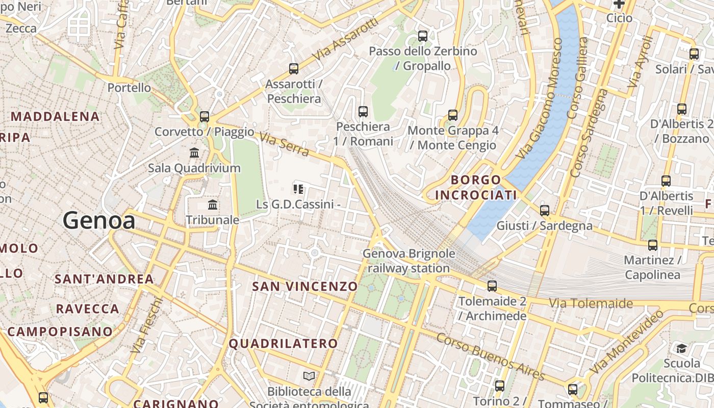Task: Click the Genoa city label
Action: tap(99, 221)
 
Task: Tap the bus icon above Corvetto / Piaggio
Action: tap(205, 116)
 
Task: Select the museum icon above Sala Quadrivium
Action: tap(194, 152)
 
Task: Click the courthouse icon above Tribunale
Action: tap(213, 205)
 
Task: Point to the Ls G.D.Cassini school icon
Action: tap(298, 189)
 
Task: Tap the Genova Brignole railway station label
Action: tap(409, 261)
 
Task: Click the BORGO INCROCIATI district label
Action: tap(476, 187)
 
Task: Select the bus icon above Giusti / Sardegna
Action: tap(545, 210)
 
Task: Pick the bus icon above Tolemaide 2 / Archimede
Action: tap(492, 286)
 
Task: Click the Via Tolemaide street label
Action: tap(591, 303)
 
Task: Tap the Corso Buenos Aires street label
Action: tap(491, 357)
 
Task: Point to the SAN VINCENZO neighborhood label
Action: tap(305, 286)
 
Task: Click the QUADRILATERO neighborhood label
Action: tap(283, 343)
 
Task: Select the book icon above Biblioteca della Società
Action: tap(309, 376)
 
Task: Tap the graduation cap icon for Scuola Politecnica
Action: tap(681, 348)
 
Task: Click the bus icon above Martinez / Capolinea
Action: tap(653, 245)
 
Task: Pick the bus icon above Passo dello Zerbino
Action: tap(423, 36)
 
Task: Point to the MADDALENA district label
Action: tap(55, 116)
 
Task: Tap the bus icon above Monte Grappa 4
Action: tap(452, 115)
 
